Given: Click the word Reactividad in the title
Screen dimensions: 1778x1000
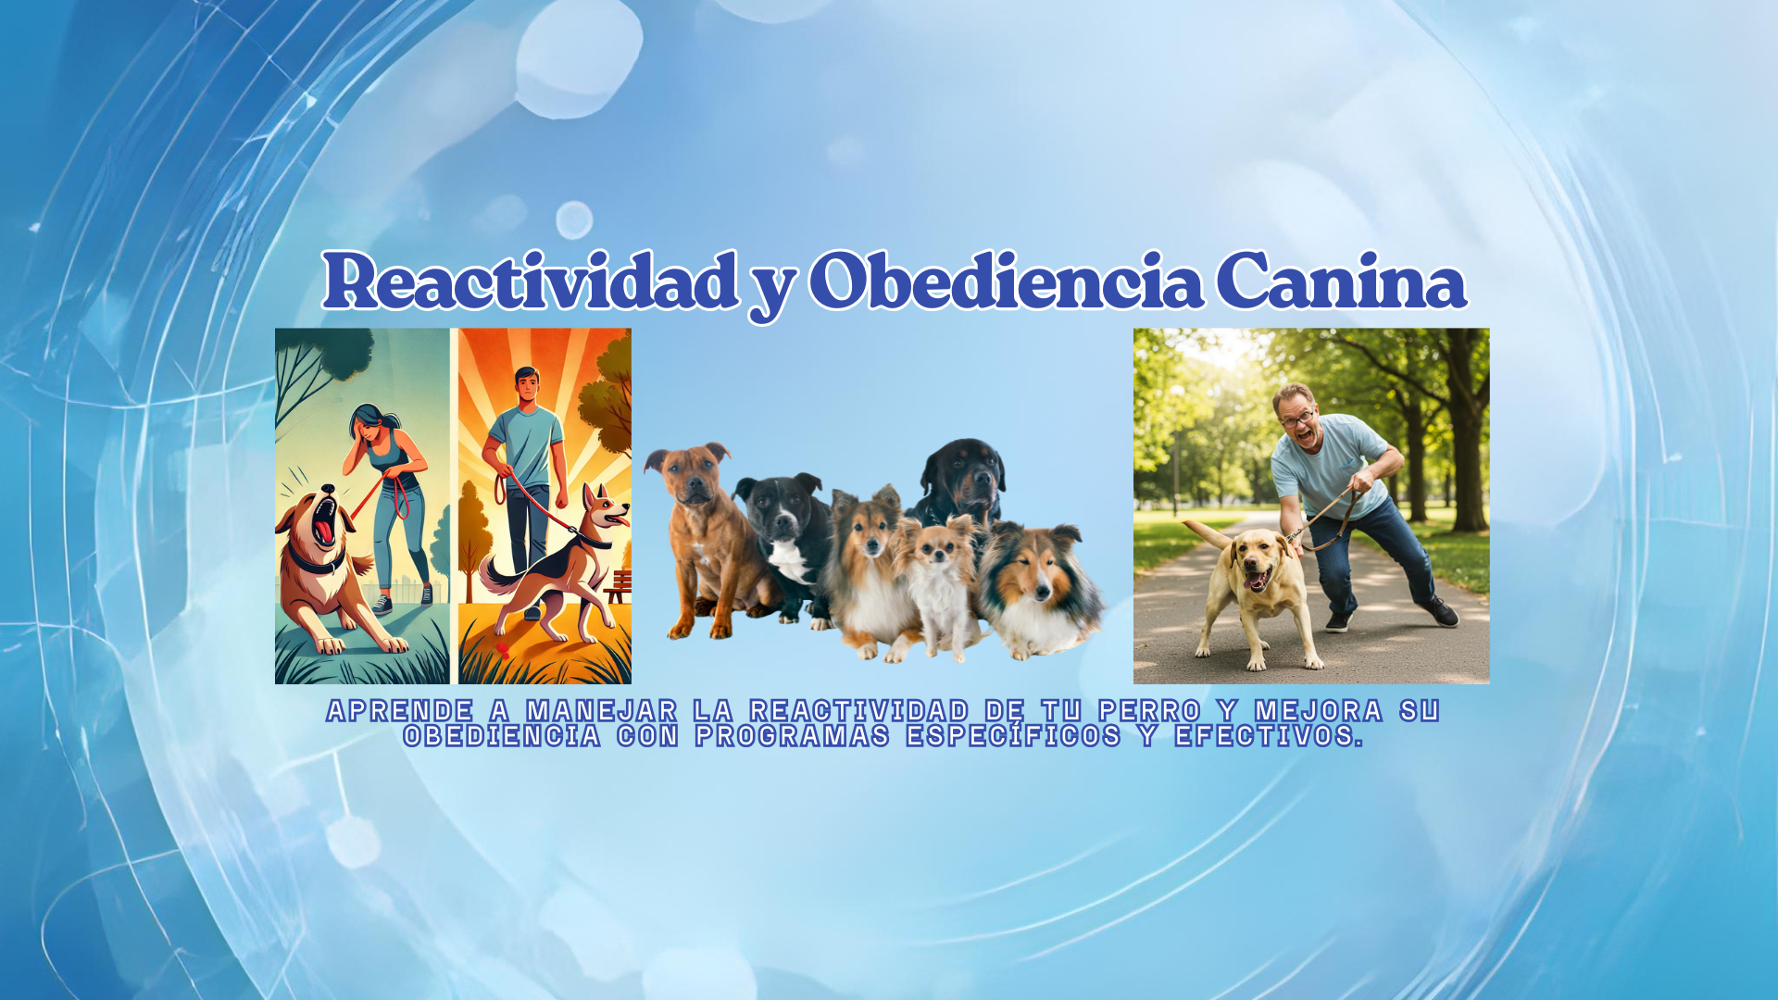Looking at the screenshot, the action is coord(530,281).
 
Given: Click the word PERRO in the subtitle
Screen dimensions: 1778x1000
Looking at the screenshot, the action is coord(1149,710).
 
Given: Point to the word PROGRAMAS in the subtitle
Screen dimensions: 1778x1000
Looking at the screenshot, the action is coord(793,735).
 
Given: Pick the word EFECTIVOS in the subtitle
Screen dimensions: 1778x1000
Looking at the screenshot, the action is coord(1269,735).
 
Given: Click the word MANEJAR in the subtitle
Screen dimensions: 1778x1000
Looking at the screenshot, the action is coord(602,710).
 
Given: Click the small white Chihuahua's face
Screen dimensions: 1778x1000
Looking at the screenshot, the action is coord(937,546).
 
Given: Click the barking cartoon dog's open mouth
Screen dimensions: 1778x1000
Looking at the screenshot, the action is coord(324,521).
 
